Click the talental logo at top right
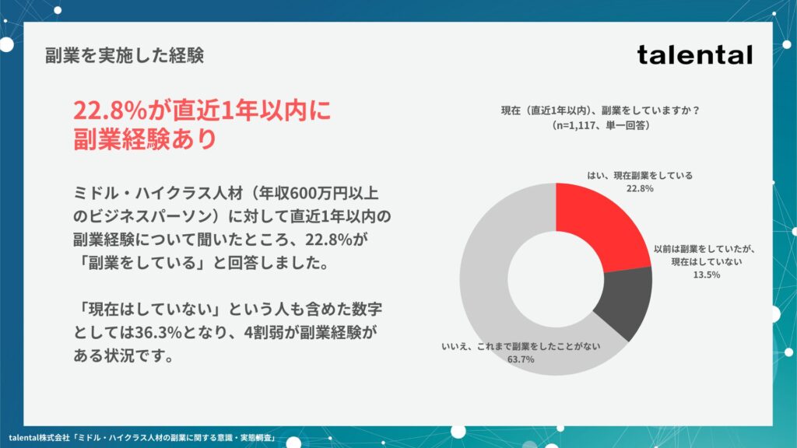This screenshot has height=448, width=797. (694, 55)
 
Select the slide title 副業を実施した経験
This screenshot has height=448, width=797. (125, 55)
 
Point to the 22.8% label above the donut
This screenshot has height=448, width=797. (640, 188)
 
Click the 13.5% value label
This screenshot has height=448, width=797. (707, 275)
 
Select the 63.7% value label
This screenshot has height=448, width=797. (521, 359)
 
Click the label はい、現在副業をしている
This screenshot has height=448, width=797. (640, 176)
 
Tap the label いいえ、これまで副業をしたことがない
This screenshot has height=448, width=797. (521, 346)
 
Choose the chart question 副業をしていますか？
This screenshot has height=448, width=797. (651, 110)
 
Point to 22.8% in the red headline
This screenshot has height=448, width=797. (110, 110)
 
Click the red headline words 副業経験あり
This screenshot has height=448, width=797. (146, 138)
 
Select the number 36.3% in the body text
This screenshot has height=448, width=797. (158, 333)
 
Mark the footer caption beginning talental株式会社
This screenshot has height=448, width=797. (142, 437)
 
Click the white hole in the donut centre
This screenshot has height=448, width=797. (556, 279)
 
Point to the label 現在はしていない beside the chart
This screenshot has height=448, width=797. (707, 262)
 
